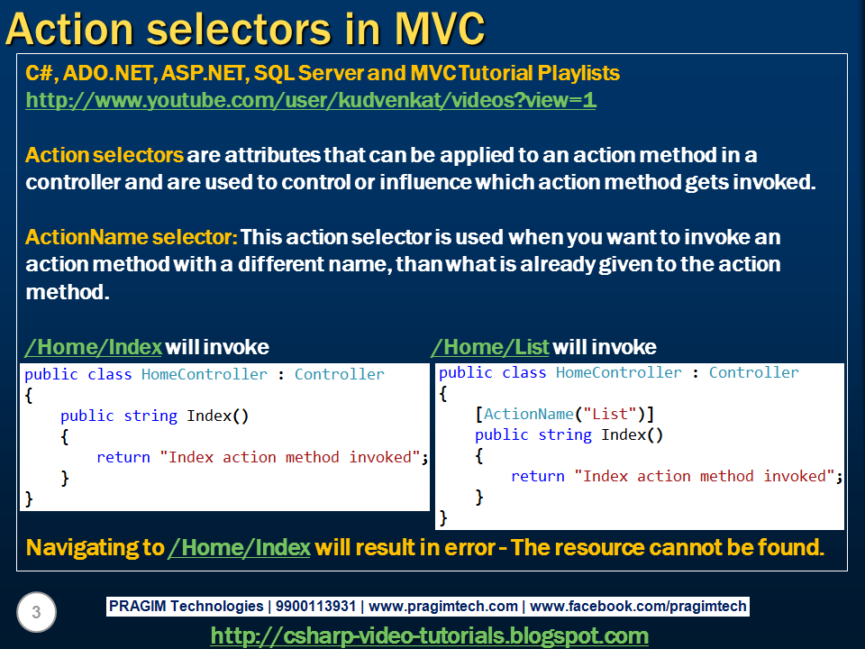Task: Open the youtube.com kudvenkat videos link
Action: pos(311,100)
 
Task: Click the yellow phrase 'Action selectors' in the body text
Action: pos(105,155)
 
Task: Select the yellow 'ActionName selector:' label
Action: pos(132,237)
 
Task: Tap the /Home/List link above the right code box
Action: pos(490,347)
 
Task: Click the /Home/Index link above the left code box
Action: pos(93,347)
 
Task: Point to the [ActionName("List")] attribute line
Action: pos(564,414)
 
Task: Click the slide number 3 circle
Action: pos(36,612)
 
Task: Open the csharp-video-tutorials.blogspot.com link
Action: pos(430,635)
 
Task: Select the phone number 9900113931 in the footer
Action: pos(315,606)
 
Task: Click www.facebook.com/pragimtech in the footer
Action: pos(638,606)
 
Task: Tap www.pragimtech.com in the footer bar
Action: pos(443,606)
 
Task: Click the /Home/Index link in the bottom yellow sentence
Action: pos(240,547)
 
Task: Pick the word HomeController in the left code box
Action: pos(205,374)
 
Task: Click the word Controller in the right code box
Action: pos(753,372)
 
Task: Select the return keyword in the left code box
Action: pos(123,457)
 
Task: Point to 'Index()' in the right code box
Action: pos(633,434)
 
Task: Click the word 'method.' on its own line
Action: pos(68,292)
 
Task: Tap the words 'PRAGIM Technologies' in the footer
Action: pos(186,606)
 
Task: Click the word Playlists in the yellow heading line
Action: pos(578,73)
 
